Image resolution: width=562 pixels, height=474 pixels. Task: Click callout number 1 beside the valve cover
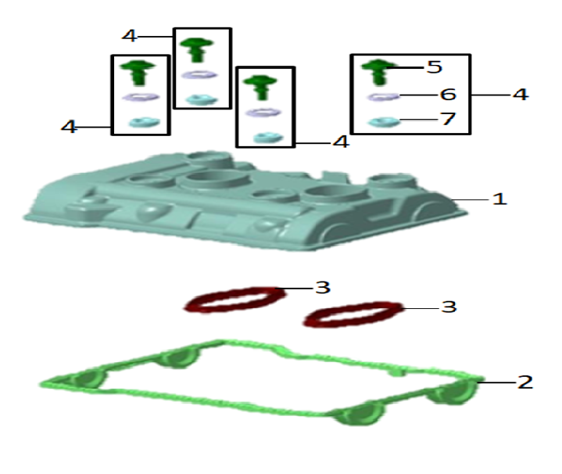499,199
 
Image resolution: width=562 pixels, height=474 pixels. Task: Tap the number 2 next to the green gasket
525,382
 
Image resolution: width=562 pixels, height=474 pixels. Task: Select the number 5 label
434,67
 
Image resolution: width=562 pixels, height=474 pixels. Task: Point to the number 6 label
448,95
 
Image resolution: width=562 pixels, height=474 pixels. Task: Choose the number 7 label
448,119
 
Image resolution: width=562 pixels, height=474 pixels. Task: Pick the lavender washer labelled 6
383,97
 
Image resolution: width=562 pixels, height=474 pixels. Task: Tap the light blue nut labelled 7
384,122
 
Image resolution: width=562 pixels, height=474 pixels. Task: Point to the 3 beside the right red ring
449,307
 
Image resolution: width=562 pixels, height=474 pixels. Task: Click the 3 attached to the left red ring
323,288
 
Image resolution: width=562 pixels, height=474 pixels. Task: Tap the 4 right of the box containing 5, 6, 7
521,95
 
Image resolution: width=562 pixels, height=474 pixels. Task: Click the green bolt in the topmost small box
196,49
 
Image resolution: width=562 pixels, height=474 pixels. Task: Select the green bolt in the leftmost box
138,73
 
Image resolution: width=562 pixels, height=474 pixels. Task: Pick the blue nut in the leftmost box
145,123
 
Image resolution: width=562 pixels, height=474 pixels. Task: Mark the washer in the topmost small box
199,75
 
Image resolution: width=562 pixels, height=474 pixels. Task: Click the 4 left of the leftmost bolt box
69,127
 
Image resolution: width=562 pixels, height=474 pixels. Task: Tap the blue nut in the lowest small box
268,138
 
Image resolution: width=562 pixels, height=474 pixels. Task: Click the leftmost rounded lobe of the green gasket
88,379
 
